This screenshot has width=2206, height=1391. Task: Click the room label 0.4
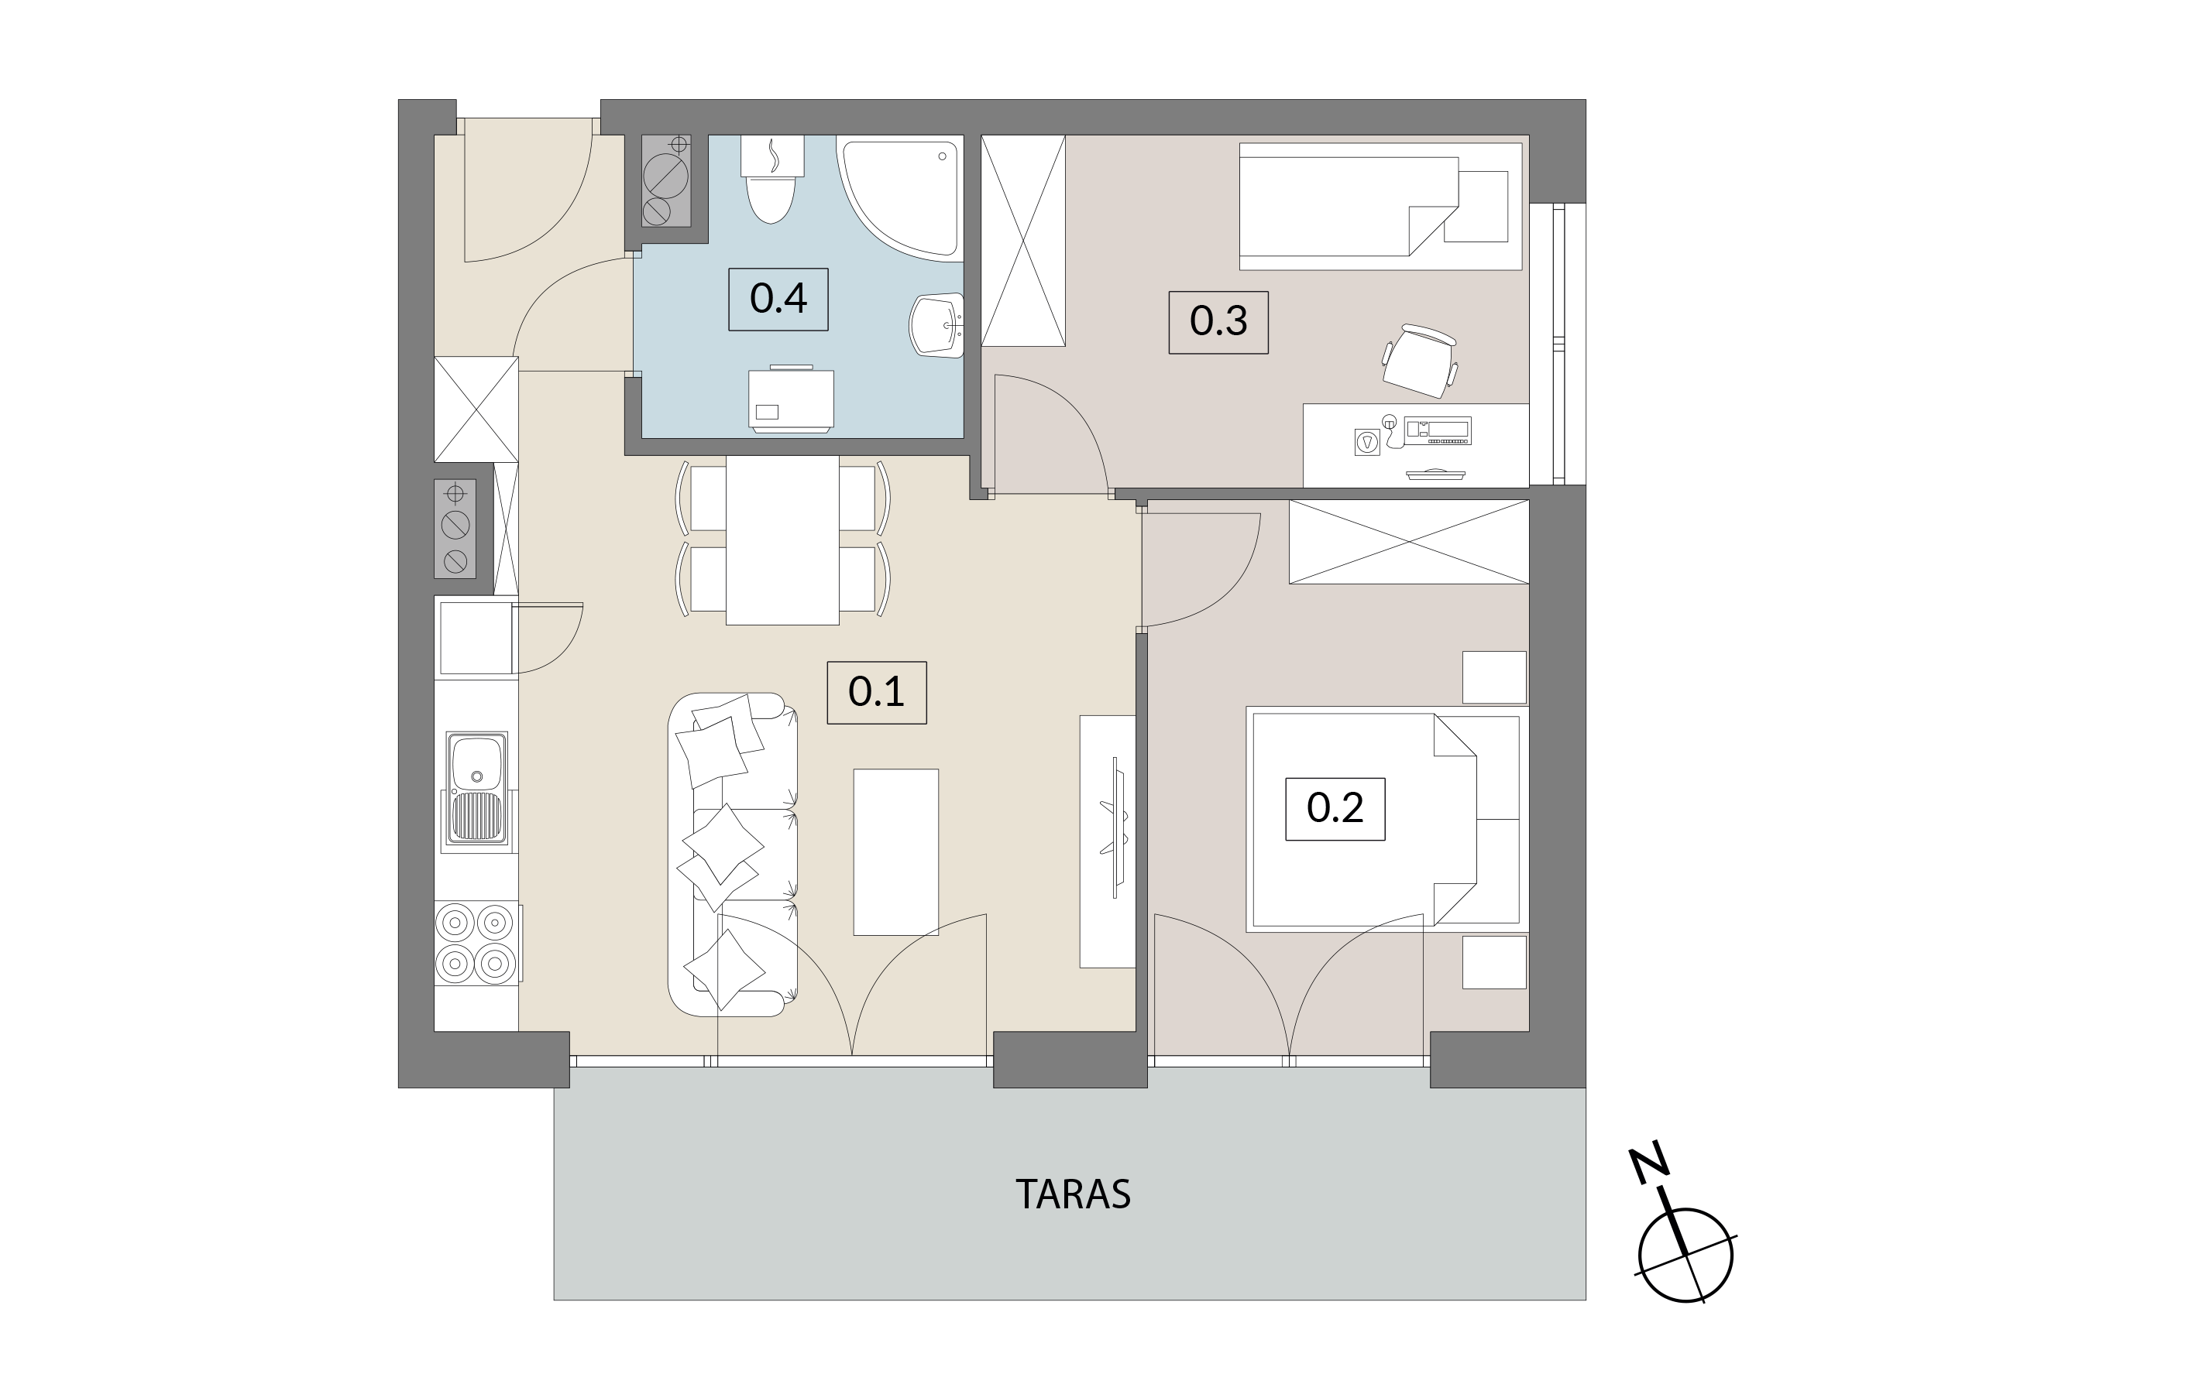[778, 299]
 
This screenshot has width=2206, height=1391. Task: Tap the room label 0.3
[1218, 321]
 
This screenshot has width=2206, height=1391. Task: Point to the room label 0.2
[1335, 809]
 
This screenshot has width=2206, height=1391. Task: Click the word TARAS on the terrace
[1073, 1194]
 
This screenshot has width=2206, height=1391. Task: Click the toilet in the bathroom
[771, 180]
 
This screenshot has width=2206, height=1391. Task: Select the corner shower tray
[901, 195]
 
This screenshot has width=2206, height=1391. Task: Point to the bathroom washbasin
[937, 325]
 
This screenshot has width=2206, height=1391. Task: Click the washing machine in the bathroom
[792, 399]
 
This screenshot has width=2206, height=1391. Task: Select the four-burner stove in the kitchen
[477, 944]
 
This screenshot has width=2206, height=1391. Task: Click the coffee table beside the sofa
[896, 851]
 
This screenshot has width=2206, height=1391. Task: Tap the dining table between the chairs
[782, 540]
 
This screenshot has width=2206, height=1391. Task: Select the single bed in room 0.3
[1380, 206]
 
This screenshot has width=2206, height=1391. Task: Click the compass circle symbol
[1685, 1255]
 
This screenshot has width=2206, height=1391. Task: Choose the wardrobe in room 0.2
[1409, 541]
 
